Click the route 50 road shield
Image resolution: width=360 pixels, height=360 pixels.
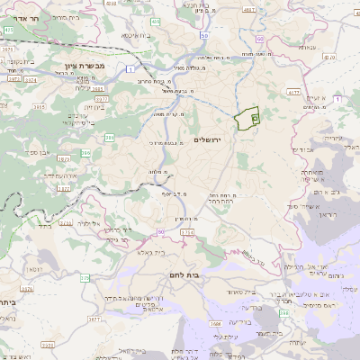click(204, 36)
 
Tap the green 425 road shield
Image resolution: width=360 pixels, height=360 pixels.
click(8, 30)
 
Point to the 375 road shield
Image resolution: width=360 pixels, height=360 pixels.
click(84, 278)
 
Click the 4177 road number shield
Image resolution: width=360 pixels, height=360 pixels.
click(294, 92)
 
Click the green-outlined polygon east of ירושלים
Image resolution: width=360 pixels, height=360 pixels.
click(246, 119)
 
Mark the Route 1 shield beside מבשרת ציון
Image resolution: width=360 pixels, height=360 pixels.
click(131, 68)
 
